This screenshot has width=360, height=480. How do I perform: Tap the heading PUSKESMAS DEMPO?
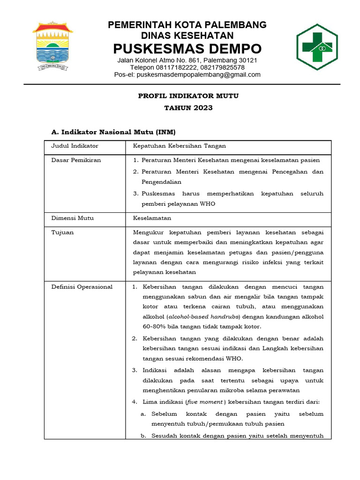click(187, 49)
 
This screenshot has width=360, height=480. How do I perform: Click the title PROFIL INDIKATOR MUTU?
click(188, 96)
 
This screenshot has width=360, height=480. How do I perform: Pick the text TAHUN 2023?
click(188, 108)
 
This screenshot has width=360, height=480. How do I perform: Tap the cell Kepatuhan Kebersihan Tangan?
click(180, 146)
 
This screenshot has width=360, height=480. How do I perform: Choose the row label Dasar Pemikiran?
click(76, 160)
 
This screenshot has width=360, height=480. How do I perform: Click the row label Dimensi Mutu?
click(72, 218)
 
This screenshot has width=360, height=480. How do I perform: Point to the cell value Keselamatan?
click(152, 218)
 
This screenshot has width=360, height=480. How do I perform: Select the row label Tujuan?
click(62, 232)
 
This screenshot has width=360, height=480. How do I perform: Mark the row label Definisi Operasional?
click(82, 286)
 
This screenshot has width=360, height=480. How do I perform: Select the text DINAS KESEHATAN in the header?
click(187, 36)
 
